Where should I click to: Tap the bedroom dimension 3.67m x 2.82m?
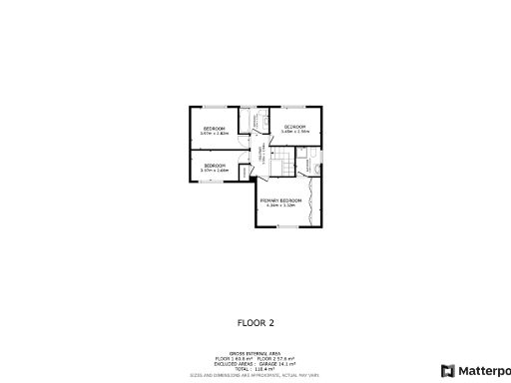coord(214,134)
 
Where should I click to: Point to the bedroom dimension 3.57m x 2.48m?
coord(214,171)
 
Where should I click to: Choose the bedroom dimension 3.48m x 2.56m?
coord(295,132)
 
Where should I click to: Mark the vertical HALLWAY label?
coord(262,157)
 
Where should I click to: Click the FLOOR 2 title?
coord(255,322)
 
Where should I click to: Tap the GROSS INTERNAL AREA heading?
coord(255,352)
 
